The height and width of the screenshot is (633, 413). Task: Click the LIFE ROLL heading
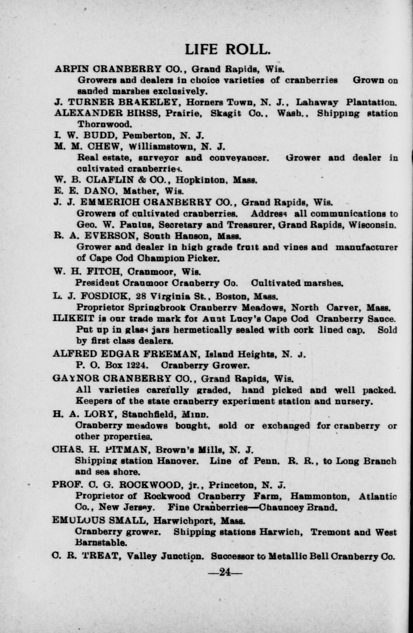[x=227, y=49]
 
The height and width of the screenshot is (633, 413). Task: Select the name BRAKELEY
[x=157, y=103]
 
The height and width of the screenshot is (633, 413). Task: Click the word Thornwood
[x=105, y=124]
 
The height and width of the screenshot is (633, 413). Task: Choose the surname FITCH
[x=101, y=271]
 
